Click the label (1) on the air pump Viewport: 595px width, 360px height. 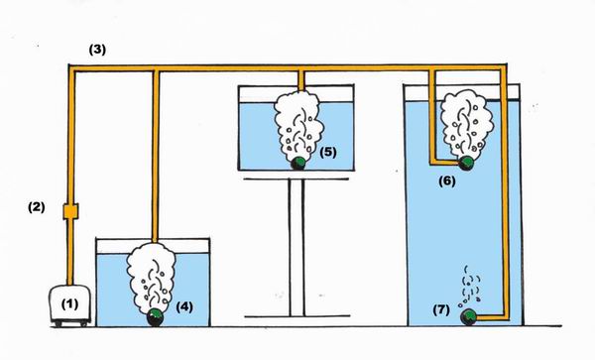69,304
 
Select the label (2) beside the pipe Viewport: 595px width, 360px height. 37,207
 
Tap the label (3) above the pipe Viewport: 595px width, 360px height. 97,50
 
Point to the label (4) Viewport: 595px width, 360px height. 184,306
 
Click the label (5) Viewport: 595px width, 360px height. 328,152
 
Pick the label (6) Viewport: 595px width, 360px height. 447,180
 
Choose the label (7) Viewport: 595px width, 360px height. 441,310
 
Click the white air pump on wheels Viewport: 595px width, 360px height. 70,305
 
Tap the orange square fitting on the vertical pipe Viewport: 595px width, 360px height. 70,211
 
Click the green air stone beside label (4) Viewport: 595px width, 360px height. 156,317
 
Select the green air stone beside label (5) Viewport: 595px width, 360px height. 299,162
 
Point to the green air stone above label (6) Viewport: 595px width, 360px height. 466,163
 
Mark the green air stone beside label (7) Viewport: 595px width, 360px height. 469,317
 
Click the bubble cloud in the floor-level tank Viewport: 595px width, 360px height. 152,275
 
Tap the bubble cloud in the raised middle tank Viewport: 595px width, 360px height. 298,124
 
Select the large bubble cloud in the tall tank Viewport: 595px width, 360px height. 467,123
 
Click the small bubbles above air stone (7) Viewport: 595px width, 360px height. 470,288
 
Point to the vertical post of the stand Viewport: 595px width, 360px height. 297,247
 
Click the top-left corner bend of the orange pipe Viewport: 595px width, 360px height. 71,68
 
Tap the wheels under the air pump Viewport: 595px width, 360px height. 70,323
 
